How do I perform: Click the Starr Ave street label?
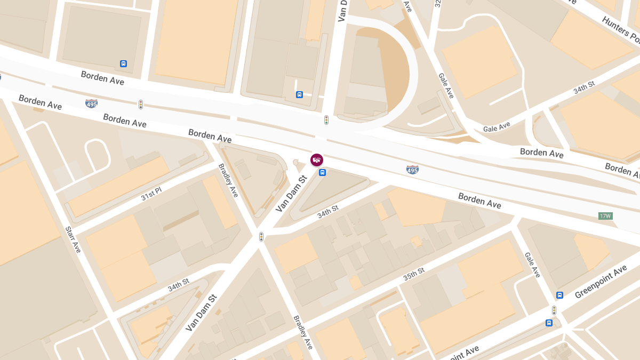pyautogui.click(x=73, y=239)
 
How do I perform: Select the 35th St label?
pyautogui.click(x=414, y=274)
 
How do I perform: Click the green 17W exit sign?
pyautogui.click(x=605, y=216)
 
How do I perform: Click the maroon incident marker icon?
pyautogui.click(x=317, y=159)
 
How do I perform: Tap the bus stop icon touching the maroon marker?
pyautogui.click(x=322, y=172)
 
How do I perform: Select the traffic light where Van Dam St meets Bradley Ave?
pyautogui.click(x=261, y=236)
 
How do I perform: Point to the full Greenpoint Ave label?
pyautogui.click(x=601, y=283)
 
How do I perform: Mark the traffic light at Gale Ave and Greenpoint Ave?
pyautogui.click(x=554, y=310)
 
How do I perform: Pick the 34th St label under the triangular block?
pyautogui.click(x=327, y=212)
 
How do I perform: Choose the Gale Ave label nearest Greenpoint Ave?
pyautogui.click(x=532, y=265)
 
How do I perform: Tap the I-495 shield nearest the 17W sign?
pyautogui.click(x=412, y=170)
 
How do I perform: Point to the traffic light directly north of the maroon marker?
pyautogui.click(x=326, y=120)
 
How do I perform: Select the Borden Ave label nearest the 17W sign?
pyautogui.click(x=479, y=201)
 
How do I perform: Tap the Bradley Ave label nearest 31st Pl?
pyautogui.click(x=228, y=180)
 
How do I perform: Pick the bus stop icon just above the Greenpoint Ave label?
pyautogui.click(x=559, y=295)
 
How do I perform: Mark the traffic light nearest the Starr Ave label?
pyautogui.click(x=141, y=104)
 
